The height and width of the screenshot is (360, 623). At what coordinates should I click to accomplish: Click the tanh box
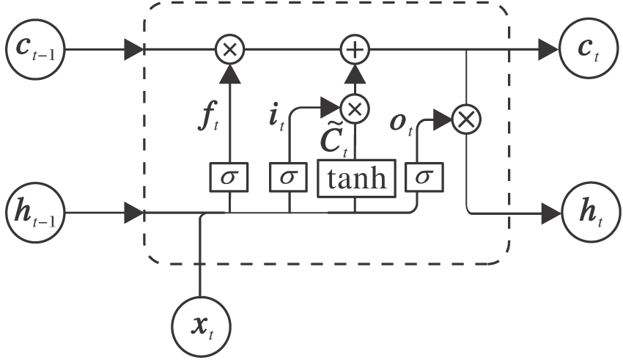click(x=356, y=179)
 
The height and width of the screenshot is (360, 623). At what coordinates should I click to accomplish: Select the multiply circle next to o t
click(x=465, y=117)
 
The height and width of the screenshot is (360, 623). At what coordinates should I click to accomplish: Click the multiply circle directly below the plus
click(x=356, y=109)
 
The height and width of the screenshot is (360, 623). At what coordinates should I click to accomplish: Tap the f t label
click(x=208, y=119)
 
